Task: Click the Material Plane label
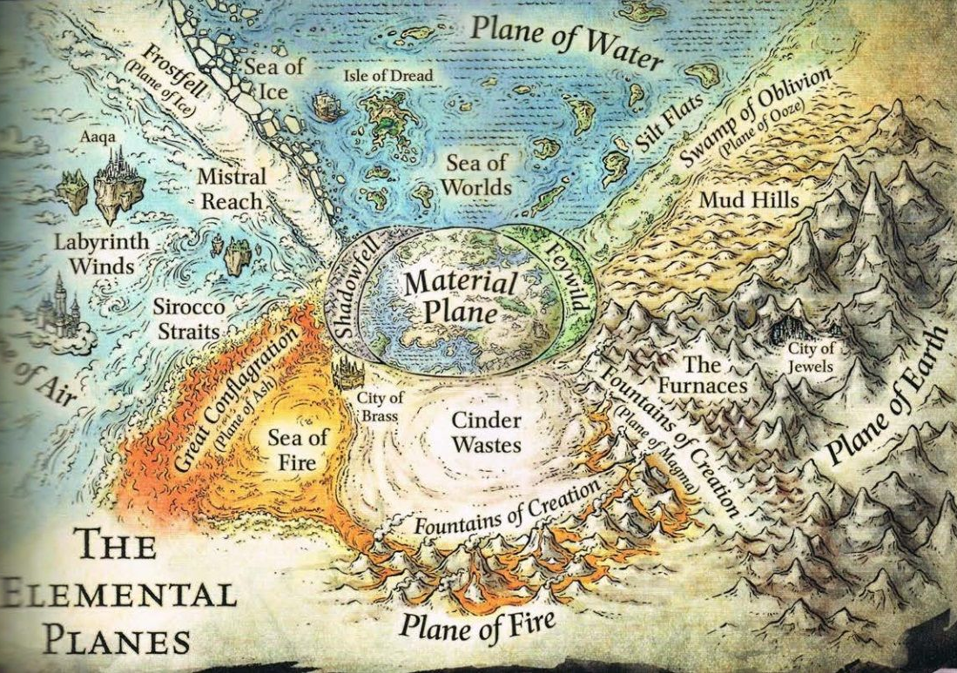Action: (462, 296)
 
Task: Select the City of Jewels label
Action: (810, 357)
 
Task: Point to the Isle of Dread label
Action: (388, 76)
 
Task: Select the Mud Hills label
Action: (748, 200)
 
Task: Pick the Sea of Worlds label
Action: (478, 174)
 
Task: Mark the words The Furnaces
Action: (713, 373)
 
